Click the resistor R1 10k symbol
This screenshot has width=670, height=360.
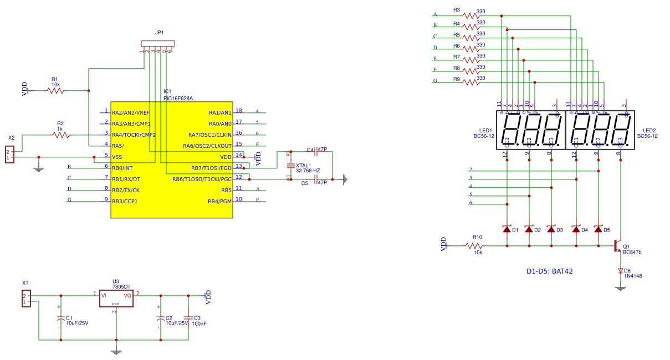pos(55,90)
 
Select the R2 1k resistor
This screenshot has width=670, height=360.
pos(61,135)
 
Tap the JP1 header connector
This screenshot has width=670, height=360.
pos(158,44)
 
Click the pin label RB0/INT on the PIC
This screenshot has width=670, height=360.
pos(122,168)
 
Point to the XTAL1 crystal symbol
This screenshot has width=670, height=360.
pos(289,166)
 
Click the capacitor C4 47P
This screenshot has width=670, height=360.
pos(315,151)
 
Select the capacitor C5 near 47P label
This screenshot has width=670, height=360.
pos(315,179)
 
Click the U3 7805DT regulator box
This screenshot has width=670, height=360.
pos(116,299)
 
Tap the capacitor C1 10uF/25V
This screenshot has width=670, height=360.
pos(61,319)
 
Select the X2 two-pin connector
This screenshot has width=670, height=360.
pos(9,155)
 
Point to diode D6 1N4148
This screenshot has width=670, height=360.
pos(620,271)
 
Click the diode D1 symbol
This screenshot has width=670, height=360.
pos(507,229)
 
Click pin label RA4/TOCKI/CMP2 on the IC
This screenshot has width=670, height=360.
pos(134,135)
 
